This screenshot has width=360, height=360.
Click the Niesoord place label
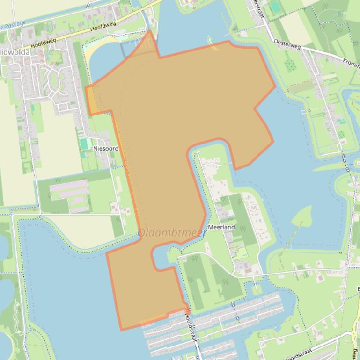pyautogui.click(x=105, y=148)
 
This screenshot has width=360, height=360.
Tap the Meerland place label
pyautogui.click(x=221, y=227)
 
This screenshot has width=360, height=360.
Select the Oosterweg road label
pyautogui.click(x=286, y=43)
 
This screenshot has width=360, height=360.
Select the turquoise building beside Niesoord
pyautogui.click(x=84, y=144)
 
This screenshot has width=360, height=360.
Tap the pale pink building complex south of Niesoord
pyautogui.click(x=69, y=195)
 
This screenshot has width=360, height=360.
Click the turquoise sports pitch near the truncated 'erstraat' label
pyautogui.click(x=275, y=7)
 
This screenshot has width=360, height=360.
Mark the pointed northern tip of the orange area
pyautogui.click(x=150, y=31)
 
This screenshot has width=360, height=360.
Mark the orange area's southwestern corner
pyautogui.click(x=121, y=330)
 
